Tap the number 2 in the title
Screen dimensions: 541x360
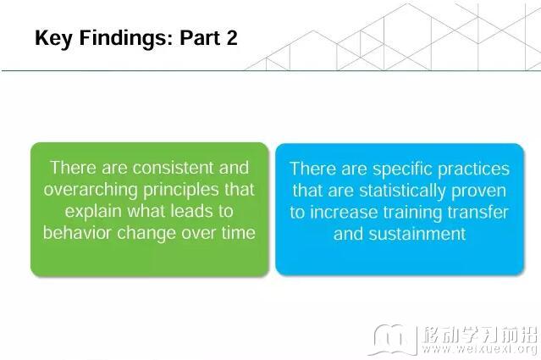pyautogui.click(x=232, y=37)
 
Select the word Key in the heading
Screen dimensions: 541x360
pyautogui.click(x=53, y=38)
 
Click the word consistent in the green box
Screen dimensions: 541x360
pyautogui.click(x=174, y=168)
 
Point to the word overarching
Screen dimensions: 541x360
pyautogui.click(x=91, y=191)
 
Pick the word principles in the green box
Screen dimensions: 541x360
pyautogui.click(x=181, y=191)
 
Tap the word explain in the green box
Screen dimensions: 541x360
pyautogui.click(x=93, y=212)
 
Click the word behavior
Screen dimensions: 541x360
pyautogui.click(x=78, y=233)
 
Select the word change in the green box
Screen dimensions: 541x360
pyautogui.click(x=146, y=234)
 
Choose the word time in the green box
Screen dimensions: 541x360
pyautogui.click(x=239, y=233)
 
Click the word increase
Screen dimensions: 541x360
pyautogui.click(x=344, y=213)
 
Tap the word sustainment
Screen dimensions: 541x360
pyautogui.click(x=417, y=234)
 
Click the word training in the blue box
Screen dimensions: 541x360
pyautogui.click(x=412, y=213)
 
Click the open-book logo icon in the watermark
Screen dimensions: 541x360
pyautogui.click(x=393, y=340)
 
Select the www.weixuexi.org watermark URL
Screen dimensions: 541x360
pyautogui.click(x=479, y=349)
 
